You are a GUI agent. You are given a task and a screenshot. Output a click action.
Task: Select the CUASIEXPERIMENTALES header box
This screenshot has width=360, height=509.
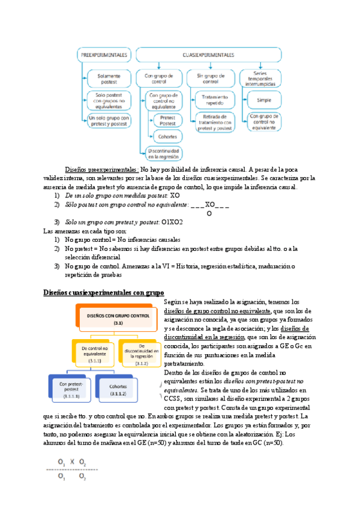point(209,55)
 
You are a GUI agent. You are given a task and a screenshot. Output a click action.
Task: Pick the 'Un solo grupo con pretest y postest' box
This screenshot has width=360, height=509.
point(109,121)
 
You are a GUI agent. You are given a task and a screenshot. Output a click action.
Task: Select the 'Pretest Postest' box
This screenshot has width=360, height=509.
point(168,120)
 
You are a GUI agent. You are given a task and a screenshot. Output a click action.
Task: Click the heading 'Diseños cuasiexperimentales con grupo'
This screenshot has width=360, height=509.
point(103,293)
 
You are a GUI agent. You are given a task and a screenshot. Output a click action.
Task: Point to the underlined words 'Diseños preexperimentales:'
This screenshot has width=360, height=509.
point(102,170)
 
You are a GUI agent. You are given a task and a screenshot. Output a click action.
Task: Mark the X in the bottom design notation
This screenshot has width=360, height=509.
point(73,462)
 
